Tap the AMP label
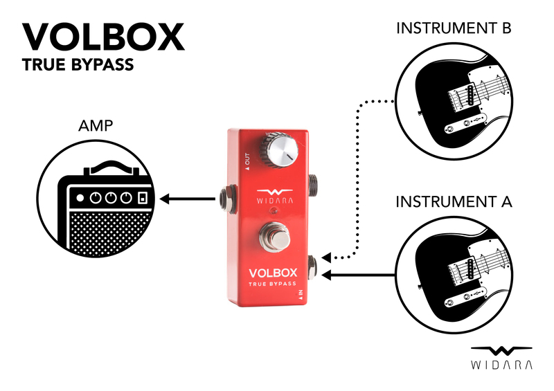coord(96,127)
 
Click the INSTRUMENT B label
coord(454,29)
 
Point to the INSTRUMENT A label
coord(454,202)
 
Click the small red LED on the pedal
coord(275,210)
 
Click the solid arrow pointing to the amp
coord(187,200)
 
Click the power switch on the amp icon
coord(142,198)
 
